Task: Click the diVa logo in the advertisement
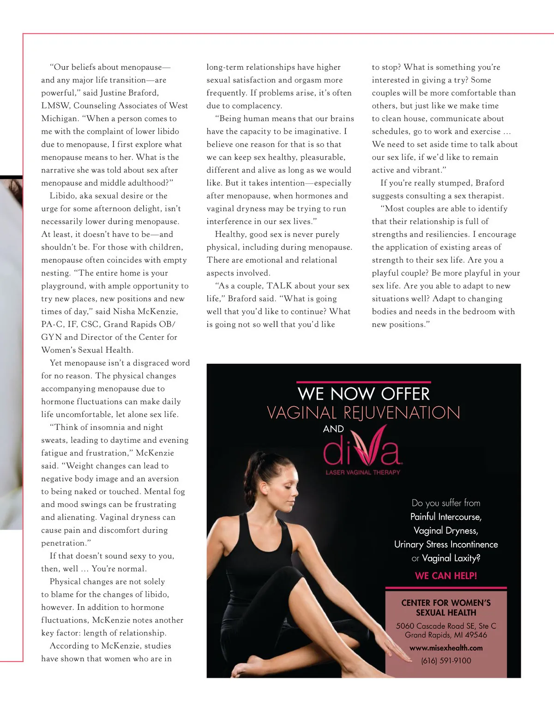pyautogui.click(x=363, y=448)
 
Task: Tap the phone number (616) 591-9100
pyautogui.click(x=446, y=661)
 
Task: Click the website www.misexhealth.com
pyautogui.click(x=446, y=648)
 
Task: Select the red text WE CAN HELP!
pyautogui.click(x=446, y=576)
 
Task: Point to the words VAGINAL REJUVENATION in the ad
pyautogui.click(x=364, y=413)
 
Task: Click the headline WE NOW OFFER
pyautogui.click(x=364, y=394)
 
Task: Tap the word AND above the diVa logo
pyautogui.click(x=333, y=429)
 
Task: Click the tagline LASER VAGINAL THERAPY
pyautogui.click(x=363, y=472)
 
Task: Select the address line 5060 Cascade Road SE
pyautogui.click(x=446, y=626)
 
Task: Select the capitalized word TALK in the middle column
pyautogui.click(x=279, y=286)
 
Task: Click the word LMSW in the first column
pyautogui.click(x=54, y=106)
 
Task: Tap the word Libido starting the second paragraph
pyautogui.click(x=62, y=196)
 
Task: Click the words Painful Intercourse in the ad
pyautogui.click(x=446, y=517)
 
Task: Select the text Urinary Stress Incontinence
pyautogui.click(x=446, y=544)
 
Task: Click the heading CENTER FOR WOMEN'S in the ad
pyautogui.click(x=446, y=603)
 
